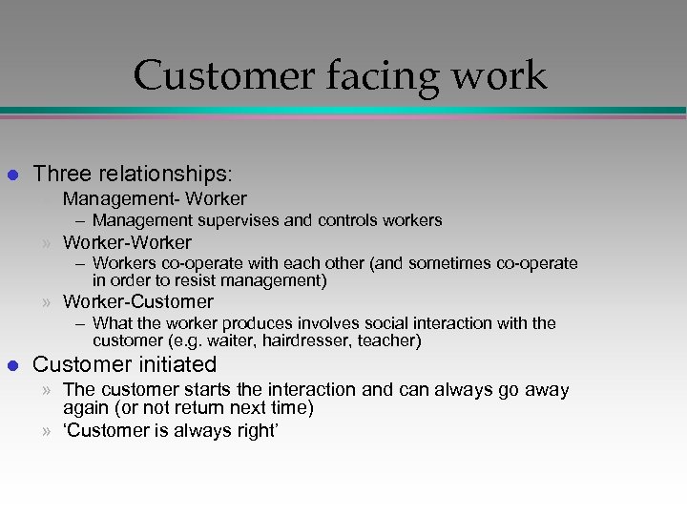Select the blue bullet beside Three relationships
(12, 175)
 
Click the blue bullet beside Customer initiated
(12, 364)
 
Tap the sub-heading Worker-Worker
(127, 243)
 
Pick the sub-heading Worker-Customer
(138, 302)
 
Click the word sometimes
(427, 263)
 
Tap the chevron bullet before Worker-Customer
(47, 303)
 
